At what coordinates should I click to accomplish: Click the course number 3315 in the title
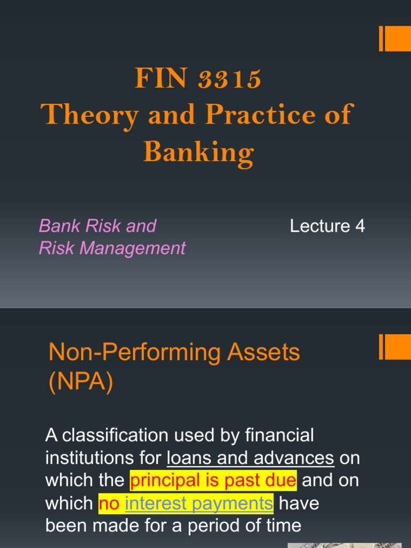click(230, 78)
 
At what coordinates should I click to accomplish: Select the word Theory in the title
click(89, 116)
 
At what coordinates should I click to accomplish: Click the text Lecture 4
click(328, 226)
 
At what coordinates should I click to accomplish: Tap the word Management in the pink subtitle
click(133, 248)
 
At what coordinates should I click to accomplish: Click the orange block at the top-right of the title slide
click(395, 39)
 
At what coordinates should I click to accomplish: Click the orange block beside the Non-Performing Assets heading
click(395, 347)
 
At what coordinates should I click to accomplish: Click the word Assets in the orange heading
click(263, 352)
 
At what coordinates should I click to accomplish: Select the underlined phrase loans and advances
click(250, 458)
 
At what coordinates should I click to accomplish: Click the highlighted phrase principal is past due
click(213, 481)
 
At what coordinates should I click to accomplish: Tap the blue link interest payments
click(199, 504)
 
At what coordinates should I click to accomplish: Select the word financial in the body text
click(279, 436)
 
